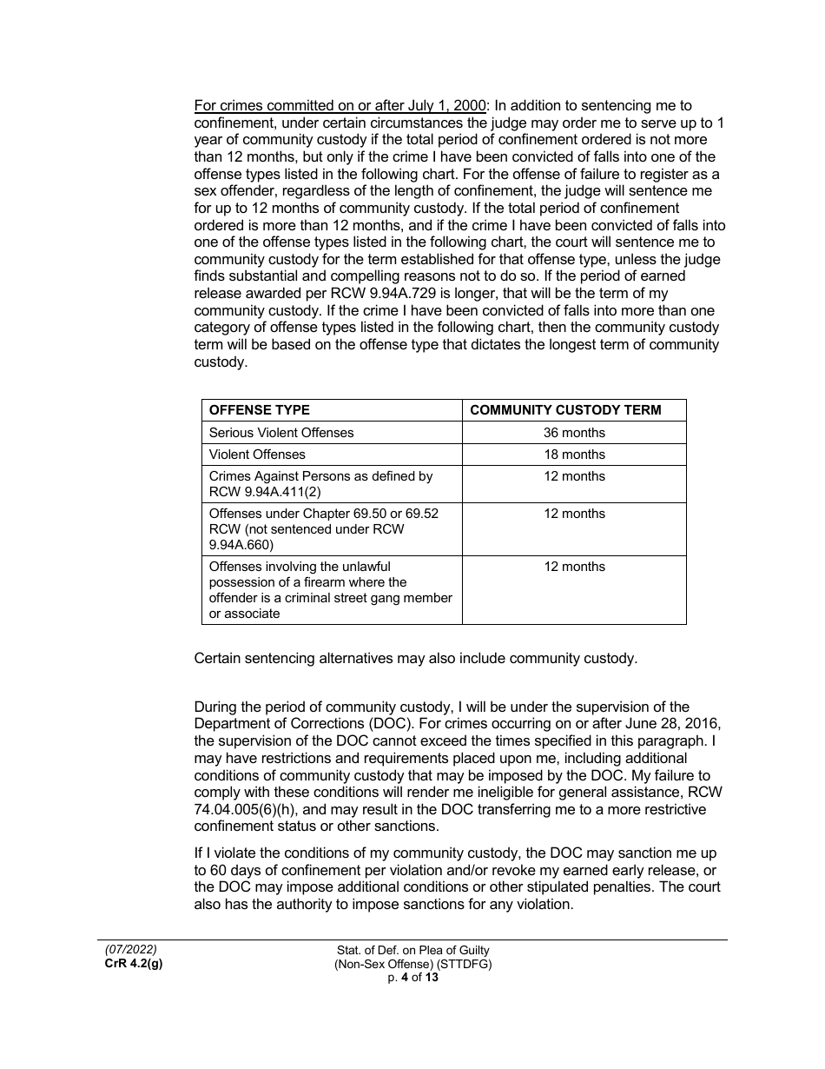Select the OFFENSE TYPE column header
[x=260, y=410]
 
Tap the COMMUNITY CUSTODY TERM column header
[x=565, y=410]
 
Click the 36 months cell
[x=574, y=433]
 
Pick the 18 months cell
[x=574, y=455]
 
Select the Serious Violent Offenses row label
[x=281, y=433]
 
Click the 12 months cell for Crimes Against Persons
[x=574, y=476]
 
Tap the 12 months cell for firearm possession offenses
[x=574, y=567]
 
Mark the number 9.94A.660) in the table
[x=241, y=545]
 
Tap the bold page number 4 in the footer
[x=404, y=977]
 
